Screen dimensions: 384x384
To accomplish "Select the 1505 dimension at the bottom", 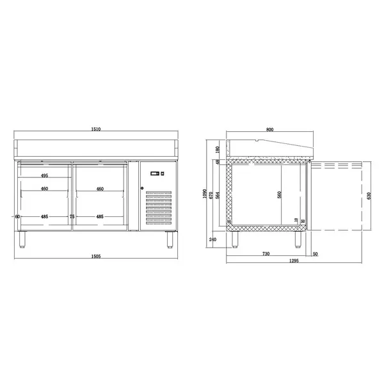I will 95,255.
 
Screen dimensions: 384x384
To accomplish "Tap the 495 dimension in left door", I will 45,175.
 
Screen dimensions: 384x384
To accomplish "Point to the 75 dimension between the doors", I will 72,217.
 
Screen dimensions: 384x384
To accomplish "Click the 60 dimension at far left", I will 17,217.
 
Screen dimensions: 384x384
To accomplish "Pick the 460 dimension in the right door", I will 100,189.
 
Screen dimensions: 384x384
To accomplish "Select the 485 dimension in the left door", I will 45,217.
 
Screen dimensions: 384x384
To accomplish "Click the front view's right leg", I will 170,239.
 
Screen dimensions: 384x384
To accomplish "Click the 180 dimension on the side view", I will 217,149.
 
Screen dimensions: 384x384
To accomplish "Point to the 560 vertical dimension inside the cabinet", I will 280,195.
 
